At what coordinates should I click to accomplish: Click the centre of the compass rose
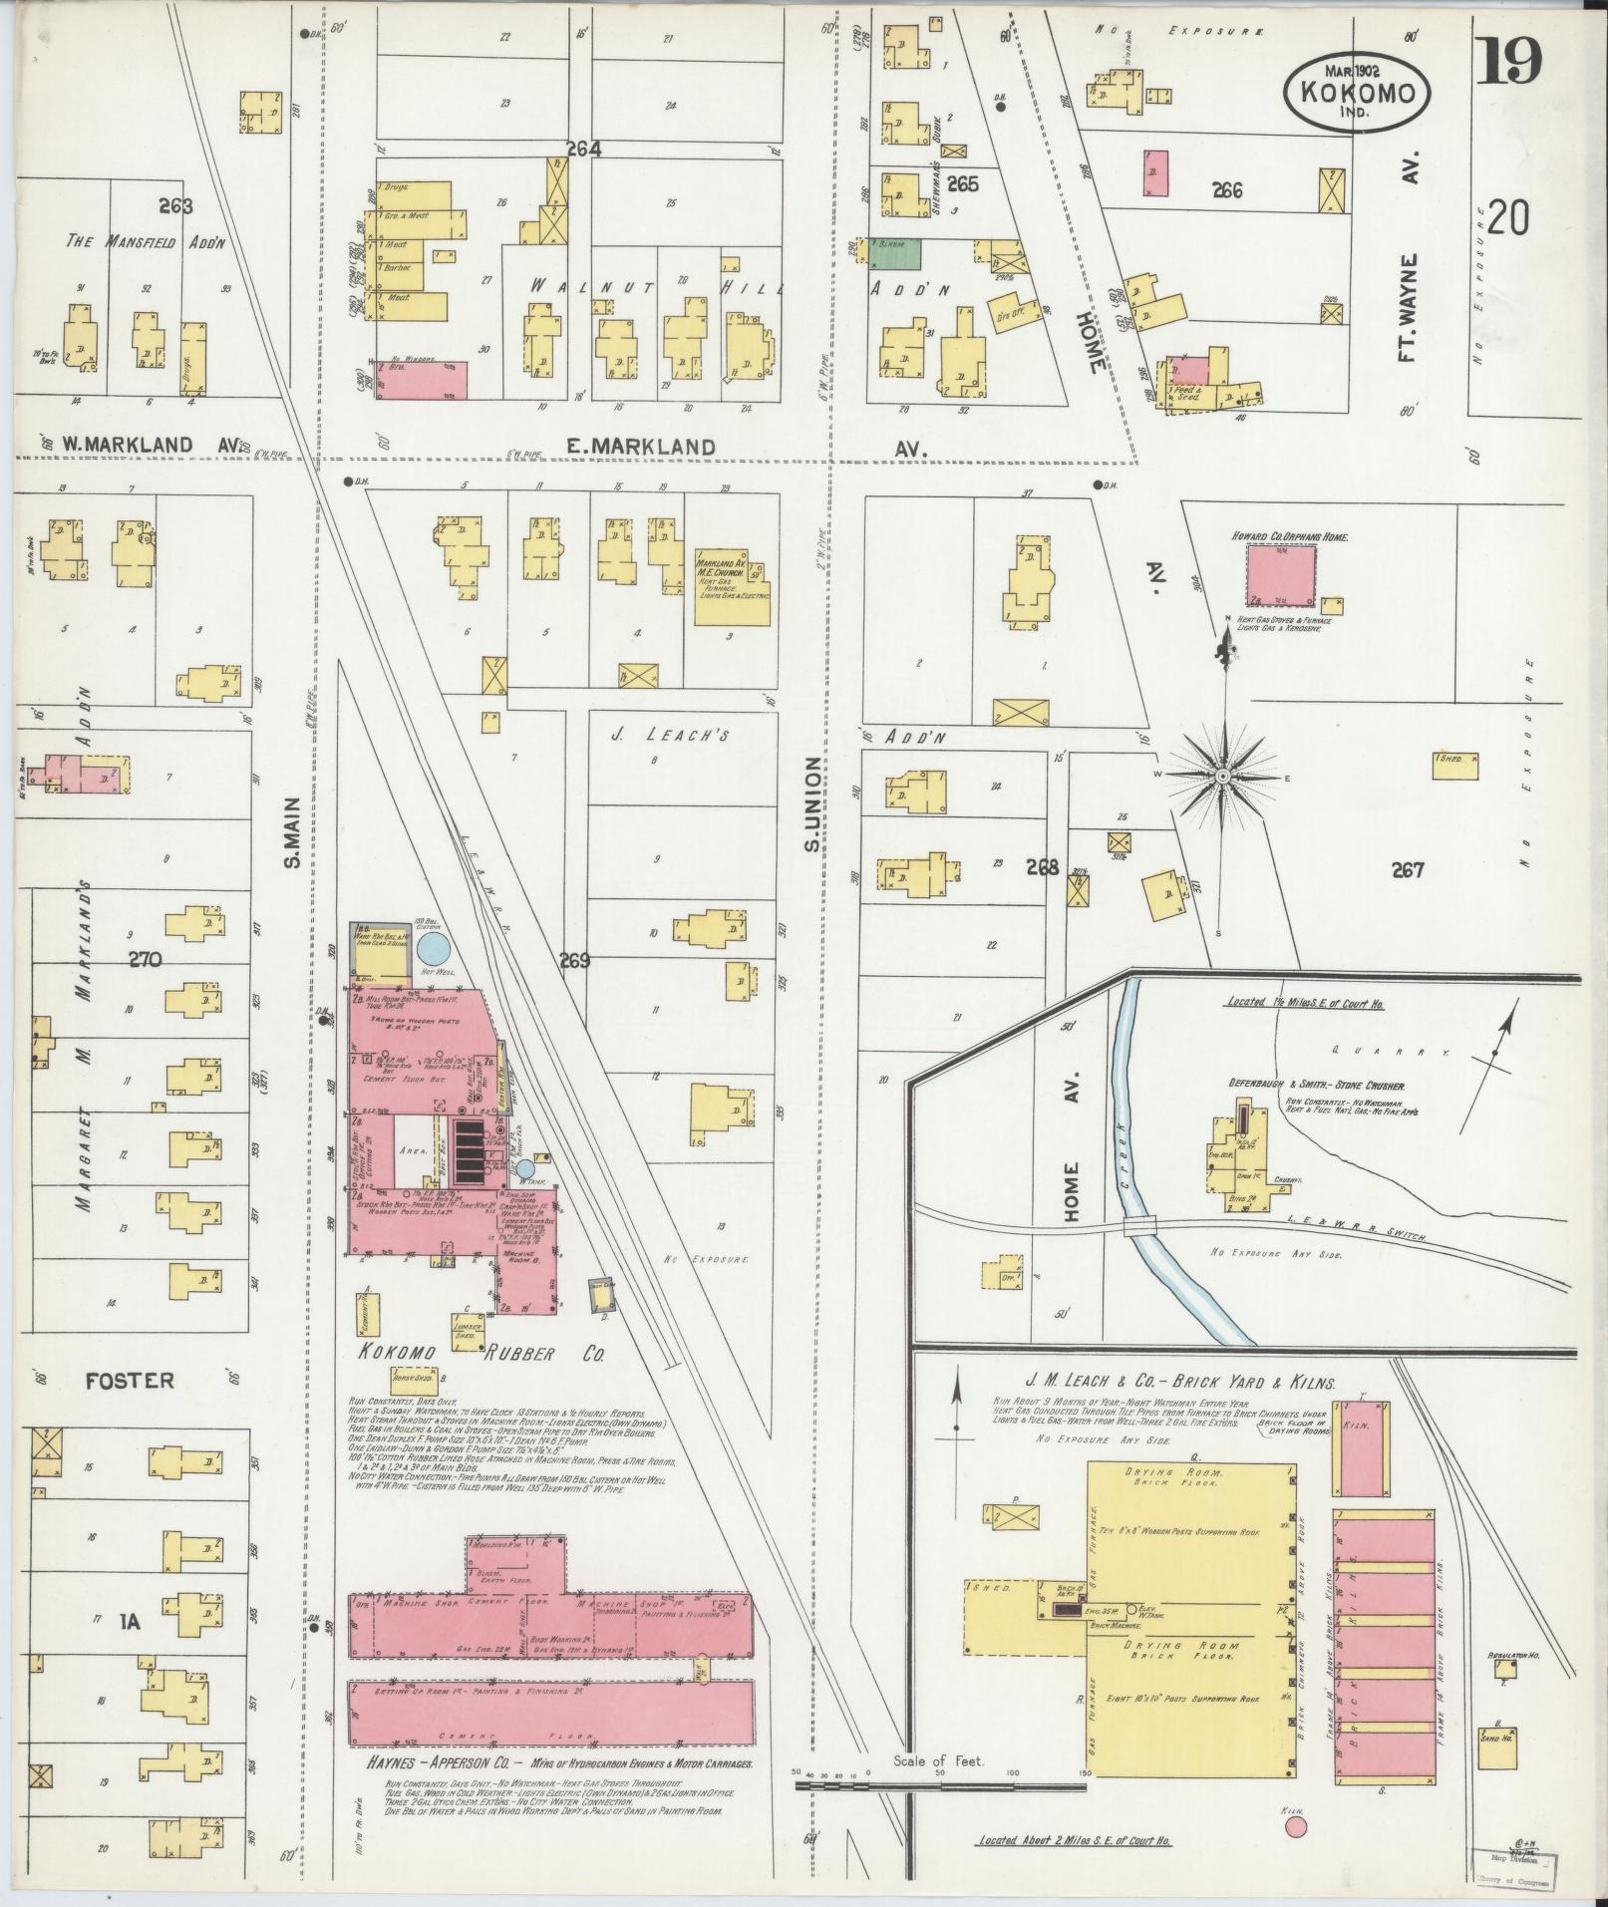point(1222,776)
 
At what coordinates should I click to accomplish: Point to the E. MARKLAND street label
point(640,448)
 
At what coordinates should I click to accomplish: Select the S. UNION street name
point(812,805)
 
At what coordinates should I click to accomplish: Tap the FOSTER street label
point(130,1381)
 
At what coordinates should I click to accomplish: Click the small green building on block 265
point(894,253)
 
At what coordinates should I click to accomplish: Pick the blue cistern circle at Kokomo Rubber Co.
point(432,945)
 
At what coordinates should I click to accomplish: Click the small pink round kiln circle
point(1295,1826)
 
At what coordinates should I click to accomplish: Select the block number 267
point(1407,870)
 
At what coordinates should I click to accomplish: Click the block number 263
point(174,206)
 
